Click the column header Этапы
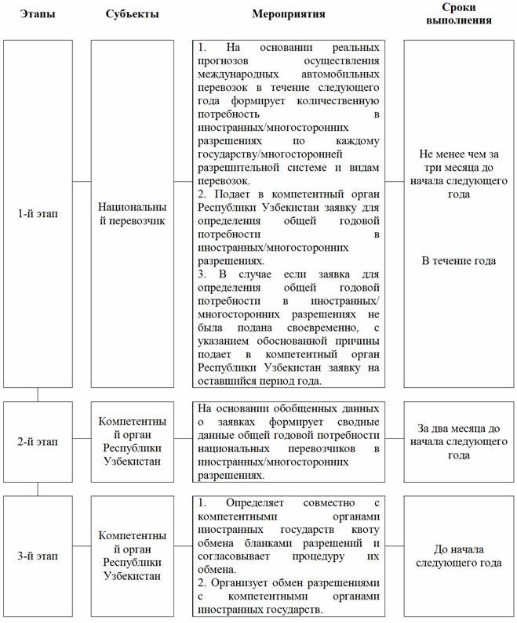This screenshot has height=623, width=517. click(38, 14)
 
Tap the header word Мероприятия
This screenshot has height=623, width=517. click(289, 14)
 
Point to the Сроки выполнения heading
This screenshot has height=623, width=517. click(458, 13)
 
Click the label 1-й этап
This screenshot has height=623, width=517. click(38, 213)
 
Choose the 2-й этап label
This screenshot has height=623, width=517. click(38, 441)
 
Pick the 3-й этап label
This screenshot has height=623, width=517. click(38, 556)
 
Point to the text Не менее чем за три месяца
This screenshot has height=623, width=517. click(458, 168)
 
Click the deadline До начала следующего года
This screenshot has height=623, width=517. click(458, 556)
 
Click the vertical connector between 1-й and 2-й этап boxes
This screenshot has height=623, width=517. click(38, 394)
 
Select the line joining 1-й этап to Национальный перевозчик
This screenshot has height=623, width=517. click(82, 181)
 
